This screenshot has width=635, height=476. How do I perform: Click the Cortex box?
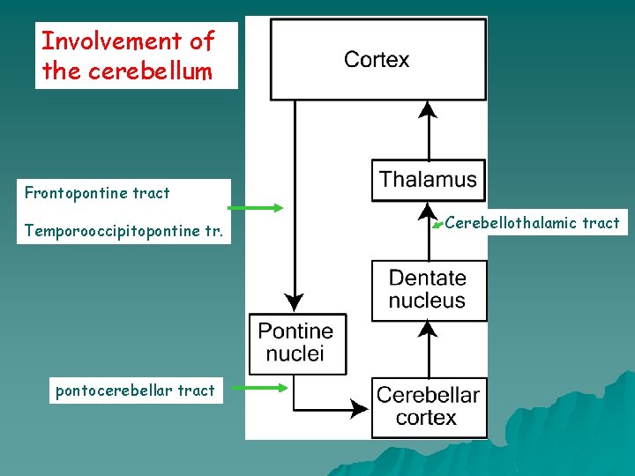pyautogui.click(x=377, y=60)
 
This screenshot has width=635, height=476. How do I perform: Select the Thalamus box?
pyautogui.click(x=428, y=181)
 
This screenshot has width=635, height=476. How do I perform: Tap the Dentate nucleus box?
pyautogui.click(x=428, y=290)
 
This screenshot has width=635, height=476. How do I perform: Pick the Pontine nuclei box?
pyautogui.click(x=296, y=343)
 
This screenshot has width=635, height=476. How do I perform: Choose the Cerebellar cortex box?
pyautogui.click(x=428, y=406)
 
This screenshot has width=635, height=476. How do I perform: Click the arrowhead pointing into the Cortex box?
pyautogui.click(x=428, y=109)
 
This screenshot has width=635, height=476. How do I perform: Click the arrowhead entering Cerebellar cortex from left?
pyautogui.click(x=360, y=408)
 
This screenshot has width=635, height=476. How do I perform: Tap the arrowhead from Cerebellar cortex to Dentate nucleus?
pyautogui.click(x=428, y=331)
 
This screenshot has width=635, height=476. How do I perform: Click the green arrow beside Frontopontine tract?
pyautogui.click(x=256, y=208)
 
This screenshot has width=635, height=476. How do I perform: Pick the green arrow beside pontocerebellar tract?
pyautogui.click(x=265, y=387)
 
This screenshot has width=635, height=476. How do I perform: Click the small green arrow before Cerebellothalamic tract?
pyautogui.click(x=436, y=227)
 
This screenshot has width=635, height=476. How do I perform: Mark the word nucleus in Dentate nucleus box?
pyautogui.click(x=428, y=301)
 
